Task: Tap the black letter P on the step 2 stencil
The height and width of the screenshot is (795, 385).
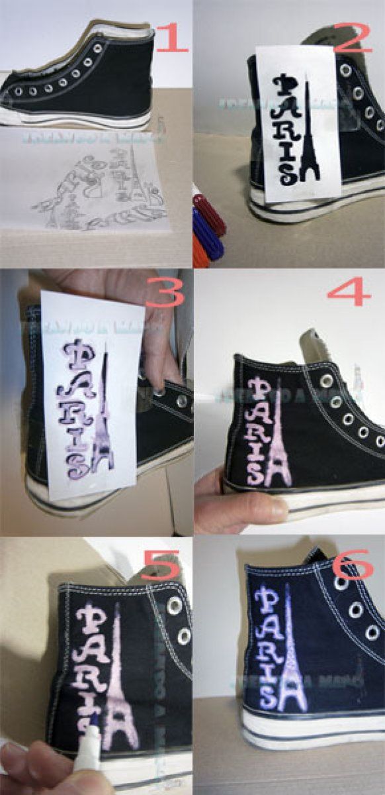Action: tap(287, 87)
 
